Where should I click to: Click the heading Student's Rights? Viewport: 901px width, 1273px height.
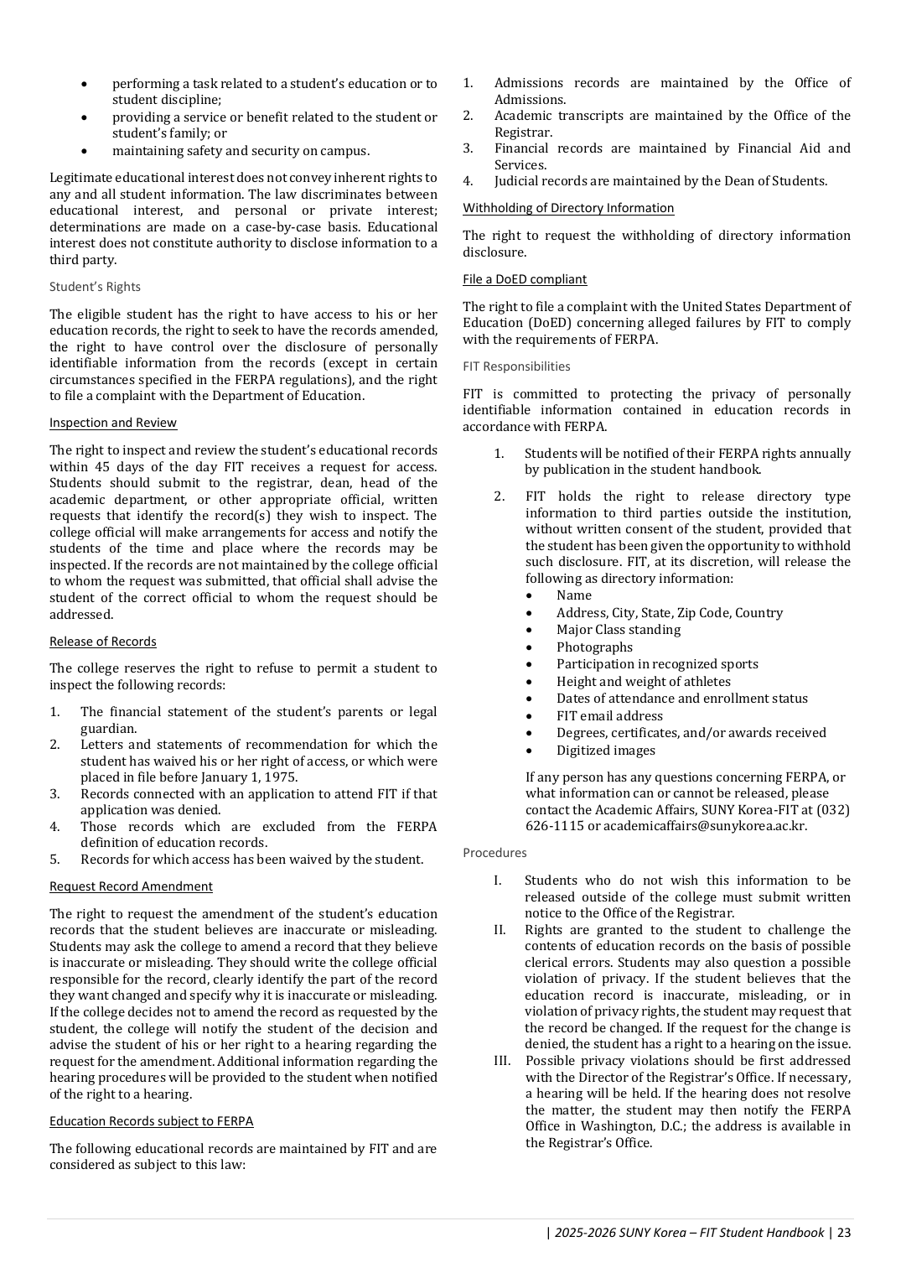tap(95, 287)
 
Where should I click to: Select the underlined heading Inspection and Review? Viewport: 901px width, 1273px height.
tap(113, 423)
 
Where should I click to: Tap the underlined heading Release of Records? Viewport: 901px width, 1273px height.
tap(103, 642)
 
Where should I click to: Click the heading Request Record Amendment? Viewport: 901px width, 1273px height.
tap(131, 886)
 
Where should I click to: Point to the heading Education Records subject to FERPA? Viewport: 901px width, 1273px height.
tap(151, 1121)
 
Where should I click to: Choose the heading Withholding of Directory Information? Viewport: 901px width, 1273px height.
tap(568, 208)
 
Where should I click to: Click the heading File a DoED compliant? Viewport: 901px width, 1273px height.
tap(525, 279)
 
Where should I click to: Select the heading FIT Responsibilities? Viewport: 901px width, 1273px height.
tap(516, 366)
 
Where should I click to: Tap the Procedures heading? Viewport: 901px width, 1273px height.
tap(495, 853)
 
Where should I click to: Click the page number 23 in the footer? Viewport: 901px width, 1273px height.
tap(844, 1233)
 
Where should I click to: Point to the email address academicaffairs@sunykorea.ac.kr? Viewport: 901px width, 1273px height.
tap(705, 826)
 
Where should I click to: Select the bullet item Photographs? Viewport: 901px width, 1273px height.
tap(594, 647)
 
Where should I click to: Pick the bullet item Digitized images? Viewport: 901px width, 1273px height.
tap(605, 751)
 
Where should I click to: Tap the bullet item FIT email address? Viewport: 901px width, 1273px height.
tap(609, 716)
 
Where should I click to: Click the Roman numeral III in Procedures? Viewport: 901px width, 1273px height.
tap(501, 1061)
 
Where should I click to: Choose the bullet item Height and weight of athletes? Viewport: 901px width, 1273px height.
tap(643, 682)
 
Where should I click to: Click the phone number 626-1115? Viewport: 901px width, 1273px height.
tap(555, 826)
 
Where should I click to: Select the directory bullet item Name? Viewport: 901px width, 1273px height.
tap(574, 595)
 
